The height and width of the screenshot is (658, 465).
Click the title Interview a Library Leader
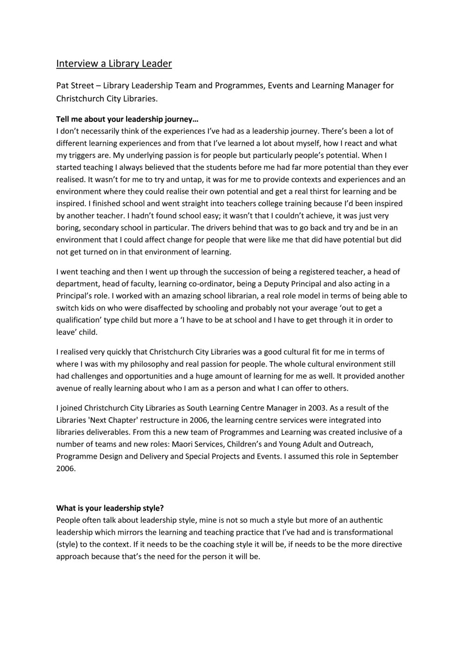(x=114, y=63)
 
